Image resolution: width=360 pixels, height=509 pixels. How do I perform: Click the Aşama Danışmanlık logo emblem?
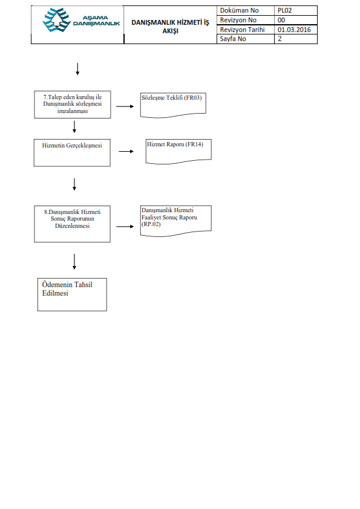tap(56, 20)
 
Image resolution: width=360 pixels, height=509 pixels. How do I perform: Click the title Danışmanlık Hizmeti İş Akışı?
tap(170, 27)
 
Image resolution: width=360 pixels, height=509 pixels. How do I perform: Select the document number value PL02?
tap(284, 10)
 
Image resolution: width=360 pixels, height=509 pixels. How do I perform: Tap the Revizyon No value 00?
tap(281, 20)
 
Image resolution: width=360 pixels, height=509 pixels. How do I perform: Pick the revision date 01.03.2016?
tap(294, 30)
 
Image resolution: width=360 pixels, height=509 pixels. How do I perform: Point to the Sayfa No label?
tap(233, 39)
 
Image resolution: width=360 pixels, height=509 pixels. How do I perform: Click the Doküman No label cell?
tap(246, 10)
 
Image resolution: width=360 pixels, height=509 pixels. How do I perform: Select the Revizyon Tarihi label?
tap(243, 30)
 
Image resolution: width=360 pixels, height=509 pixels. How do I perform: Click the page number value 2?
tap(280, 39)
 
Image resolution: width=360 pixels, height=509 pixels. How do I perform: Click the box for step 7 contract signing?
tap(73, 105)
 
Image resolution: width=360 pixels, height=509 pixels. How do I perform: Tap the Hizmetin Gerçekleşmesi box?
tap(72, 153)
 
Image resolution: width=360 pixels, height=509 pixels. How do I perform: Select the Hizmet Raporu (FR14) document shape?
tap(178, 152)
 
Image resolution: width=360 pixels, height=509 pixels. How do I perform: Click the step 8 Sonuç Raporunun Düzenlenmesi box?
tap(72, 224)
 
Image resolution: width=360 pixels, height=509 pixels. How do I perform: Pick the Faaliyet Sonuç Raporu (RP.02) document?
tap(176, 221)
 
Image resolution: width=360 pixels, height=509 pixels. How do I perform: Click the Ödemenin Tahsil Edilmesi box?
tap(72, 294)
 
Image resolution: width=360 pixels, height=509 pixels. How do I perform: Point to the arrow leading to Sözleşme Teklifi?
tap(125, 106)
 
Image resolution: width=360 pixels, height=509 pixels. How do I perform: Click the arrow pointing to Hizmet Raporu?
tap(126, 151)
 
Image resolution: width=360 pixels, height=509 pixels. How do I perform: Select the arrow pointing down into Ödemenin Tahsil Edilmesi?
tap(74, 262)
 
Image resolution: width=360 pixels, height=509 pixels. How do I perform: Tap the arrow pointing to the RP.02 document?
tap(125, 226)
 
